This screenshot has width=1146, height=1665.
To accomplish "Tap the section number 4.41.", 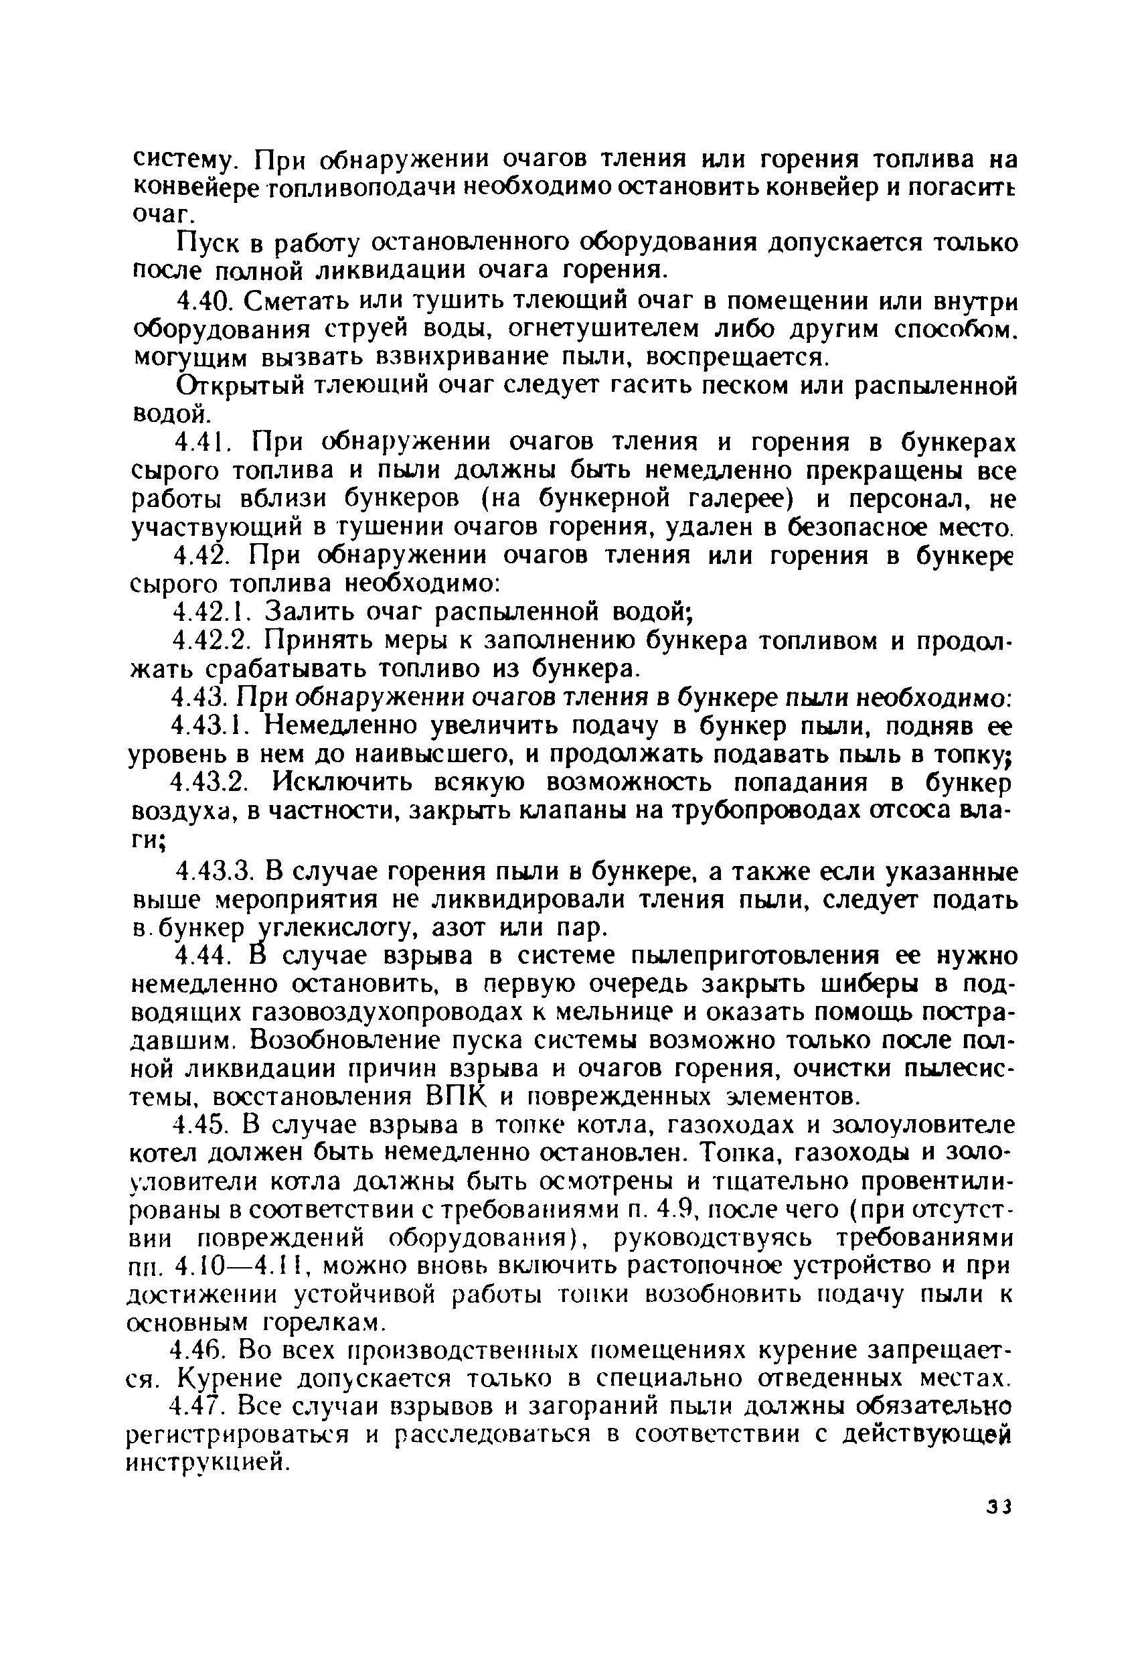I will pyautogui.click(x=202, y=443).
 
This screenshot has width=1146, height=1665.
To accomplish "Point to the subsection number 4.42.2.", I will pyautogui.click(x=215, y=641).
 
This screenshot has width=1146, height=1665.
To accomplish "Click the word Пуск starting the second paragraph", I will pyautogui.click(x=208, y=244).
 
